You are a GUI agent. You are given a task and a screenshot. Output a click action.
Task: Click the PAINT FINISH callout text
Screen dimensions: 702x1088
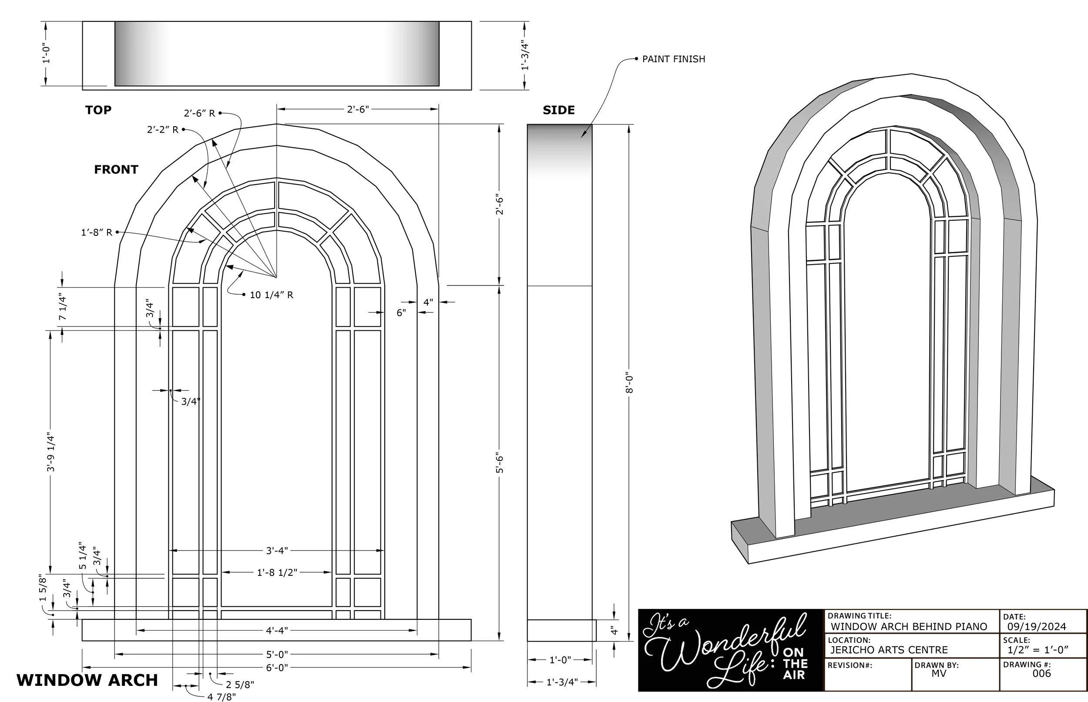[x=673, y=59]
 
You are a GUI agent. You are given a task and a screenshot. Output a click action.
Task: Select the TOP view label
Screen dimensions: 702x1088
[x=98, y=110]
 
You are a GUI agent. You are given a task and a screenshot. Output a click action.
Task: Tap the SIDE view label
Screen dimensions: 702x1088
[x=558, y=110]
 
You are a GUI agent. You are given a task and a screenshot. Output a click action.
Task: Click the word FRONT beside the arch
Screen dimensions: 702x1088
[x=116, y=170]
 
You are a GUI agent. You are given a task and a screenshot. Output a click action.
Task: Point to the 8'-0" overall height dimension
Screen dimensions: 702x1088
[x=629, y=382]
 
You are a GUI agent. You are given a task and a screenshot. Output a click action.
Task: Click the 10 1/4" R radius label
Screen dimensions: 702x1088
[x=271, y=295]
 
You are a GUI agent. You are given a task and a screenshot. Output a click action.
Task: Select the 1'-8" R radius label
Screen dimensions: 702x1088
[x=96, y=232]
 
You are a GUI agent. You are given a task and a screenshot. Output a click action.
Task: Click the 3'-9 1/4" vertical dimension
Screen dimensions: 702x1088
[x=50, y=452]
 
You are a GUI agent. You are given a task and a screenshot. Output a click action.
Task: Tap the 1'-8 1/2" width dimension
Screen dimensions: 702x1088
[x=277, y=572]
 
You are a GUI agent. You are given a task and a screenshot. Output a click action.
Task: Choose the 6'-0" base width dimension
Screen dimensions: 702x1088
[x=277, y=667]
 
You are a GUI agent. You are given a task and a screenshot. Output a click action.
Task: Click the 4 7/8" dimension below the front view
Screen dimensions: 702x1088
[x=222, y=696]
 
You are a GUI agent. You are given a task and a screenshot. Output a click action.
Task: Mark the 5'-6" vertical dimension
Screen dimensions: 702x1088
[x=500, y=463]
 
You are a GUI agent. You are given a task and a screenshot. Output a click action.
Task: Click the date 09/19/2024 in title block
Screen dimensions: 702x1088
[x=1037, y=627]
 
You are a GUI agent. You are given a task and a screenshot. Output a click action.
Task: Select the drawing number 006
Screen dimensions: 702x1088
[x=1041, y=673]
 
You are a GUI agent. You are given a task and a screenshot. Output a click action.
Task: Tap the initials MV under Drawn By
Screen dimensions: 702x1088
[x=939, y=673]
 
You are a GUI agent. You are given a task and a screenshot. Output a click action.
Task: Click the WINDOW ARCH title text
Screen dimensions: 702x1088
[x=87, y=680]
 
